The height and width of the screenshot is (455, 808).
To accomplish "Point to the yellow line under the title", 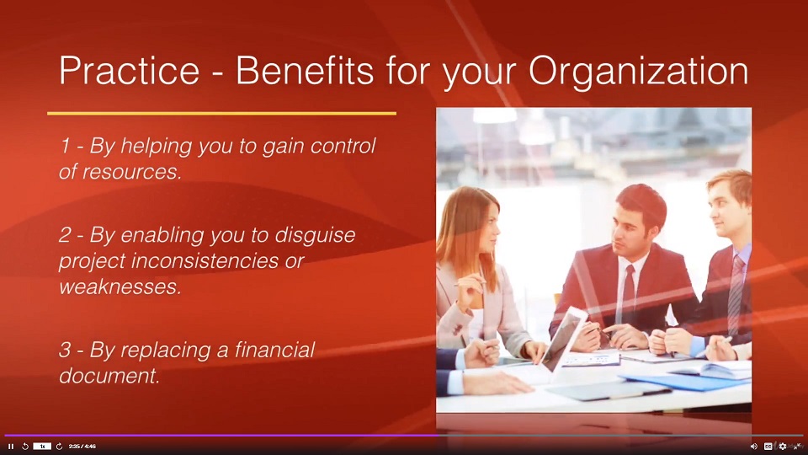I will [221, 113].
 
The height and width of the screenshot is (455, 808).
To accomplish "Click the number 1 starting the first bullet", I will [64, 146].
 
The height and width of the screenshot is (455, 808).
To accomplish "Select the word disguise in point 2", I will [316, 235].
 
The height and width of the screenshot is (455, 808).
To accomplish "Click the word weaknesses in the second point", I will [120, 287].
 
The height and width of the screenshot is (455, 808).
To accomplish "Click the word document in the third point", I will [109, 376].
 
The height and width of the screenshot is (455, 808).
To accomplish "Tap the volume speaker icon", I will [753, 446].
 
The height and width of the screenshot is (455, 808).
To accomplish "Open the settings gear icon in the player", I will [782, 446].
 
